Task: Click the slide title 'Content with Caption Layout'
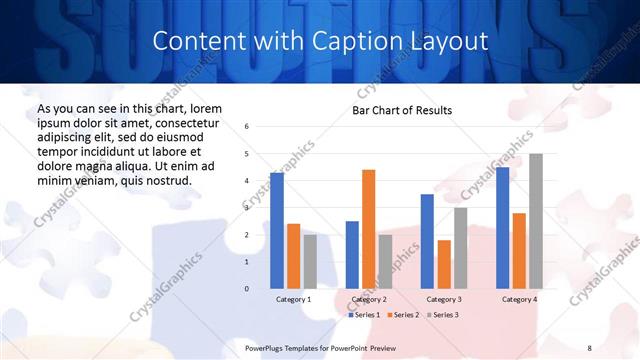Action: [320, 41]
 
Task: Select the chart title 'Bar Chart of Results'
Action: [402, 110]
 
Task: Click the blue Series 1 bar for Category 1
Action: [277, 230]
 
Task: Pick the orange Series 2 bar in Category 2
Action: [369, 229]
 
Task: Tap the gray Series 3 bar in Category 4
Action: [536, 221]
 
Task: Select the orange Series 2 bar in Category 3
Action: [444, 264]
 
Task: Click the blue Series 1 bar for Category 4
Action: [502, 228]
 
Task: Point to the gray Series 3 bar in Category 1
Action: [310, 261]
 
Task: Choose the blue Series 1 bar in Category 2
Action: [352, 255]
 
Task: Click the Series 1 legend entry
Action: [363, 314]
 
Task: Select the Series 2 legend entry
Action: [402, 314]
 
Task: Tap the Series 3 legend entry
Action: [441, 314]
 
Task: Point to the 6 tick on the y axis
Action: [247, 127]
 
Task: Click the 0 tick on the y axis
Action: [247, 289]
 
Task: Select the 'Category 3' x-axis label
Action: [444, 299]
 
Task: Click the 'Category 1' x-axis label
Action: [293, 299]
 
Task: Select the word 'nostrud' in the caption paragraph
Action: [166, 180]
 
